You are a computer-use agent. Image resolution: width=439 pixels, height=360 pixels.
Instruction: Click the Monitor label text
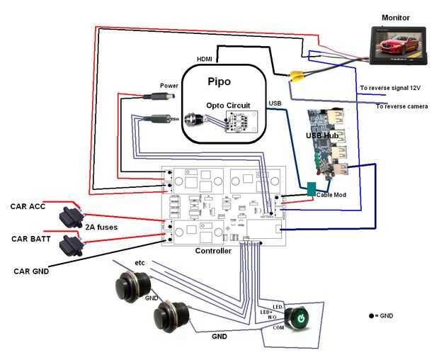click(x=395, y=17)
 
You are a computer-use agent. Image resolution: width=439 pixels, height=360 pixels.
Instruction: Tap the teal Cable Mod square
click(x=312, y=189)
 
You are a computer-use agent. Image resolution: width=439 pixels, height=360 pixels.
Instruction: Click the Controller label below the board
click(x=212, y=251)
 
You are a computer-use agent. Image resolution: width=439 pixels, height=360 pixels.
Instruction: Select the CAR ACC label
click(x=28, y=207)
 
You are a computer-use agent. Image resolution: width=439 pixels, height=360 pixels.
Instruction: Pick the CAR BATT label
click(x=29, y=239)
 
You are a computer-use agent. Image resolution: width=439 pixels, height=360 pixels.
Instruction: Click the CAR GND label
click(x=30, y=271)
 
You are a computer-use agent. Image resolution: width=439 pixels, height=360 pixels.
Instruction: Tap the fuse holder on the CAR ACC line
click(x=72, y=214)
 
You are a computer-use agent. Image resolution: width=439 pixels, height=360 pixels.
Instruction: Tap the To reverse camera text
click(x=402, y=106)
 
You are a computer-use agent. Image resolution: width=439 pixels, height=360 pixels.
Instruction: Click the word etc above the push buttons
click(x=140, y=263)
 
